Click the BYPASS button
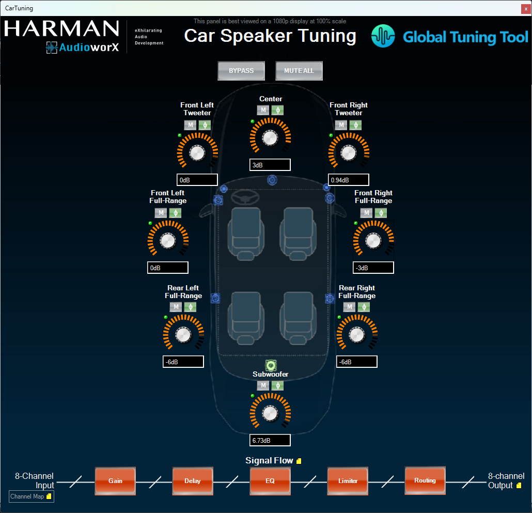(x=241, y=71)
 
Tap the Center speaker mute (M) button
(x=263, y=110)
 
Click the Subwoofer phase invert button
(x=277, y=385)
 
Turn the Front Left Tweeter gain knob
(x=197, y=153)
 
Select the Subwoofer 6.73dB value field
(x=270, y=440)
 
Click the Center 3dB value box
(x=270, y=165)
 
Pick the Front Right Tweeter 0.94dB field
(x=349, y=180)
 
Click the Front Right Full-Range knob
(x=373, y=241)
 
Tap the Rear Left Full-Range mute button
(x=176, y=307)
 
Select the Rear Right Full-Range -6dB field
(x=356, y=362)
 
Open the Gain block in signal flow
(x=115, y=481)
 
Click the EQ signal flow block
(x=270, y=481)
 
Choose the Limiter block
(x=348, y=481)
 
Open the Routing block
(x=425, y=480)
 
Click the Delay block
(x=193, y=481)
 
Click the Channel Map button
(x=31, y=496)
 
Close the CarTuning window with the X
(x=526, y=9)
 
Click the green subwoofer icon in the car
(x=271, y=365)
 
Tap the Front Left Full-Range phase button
(x=176, y=213)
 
